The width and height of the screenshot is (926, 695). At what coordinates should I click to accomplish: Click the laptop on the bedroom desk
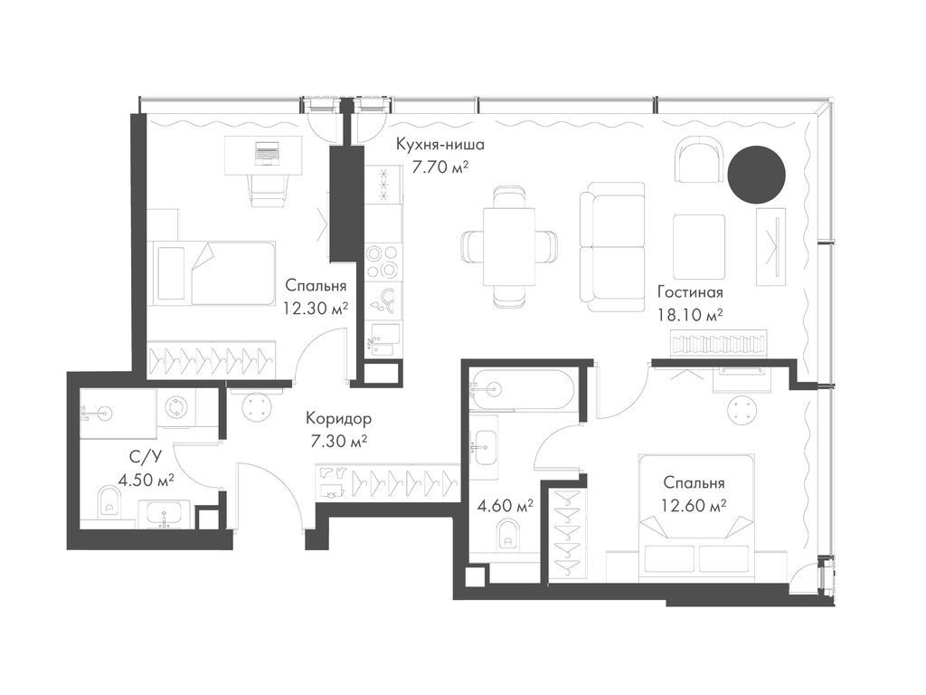[x=268, y=153]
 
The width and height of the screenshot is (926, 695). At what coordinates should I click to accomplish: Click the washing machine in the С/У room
[x=176, y=408]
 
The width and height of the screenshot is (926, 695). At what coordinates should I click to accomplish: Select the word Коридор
[x=338, y=419]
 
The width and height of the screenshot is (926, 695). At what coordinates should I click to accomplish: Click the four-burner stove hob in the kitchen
[x=383, y=261]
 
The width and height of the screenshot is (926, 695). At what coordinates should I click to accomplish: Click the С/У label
[x=134, y=457]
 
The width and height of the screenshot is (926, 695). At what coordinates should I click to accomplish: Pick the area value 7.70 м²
[x=440, y=167]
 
